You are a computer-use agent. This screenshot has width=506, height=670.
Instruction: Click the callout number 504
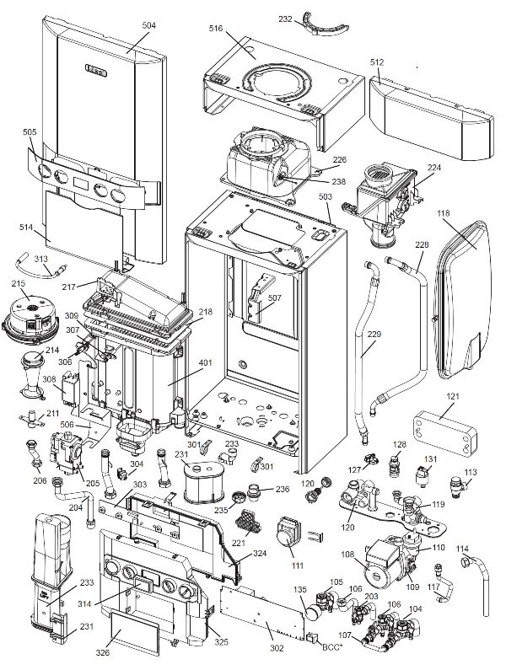(148, 26)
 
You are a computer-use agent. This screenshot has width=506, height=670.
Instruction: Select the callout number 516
(217, 29)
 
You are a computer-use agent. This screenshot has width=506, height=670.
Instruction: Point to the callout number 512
(376, 62)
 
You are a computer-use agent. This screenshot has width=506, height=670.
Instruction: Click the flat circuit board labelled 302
(266, 616)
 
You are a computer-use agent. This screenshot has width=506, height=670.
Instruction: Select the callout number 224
(433, 168)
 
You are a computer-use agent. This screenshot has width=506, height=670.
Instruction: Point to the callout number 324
(261, 554)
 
